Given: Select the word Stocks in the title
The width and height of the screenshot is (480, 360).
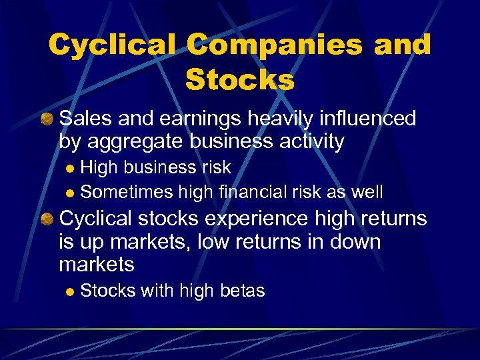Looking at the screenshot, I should (240, 81).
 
